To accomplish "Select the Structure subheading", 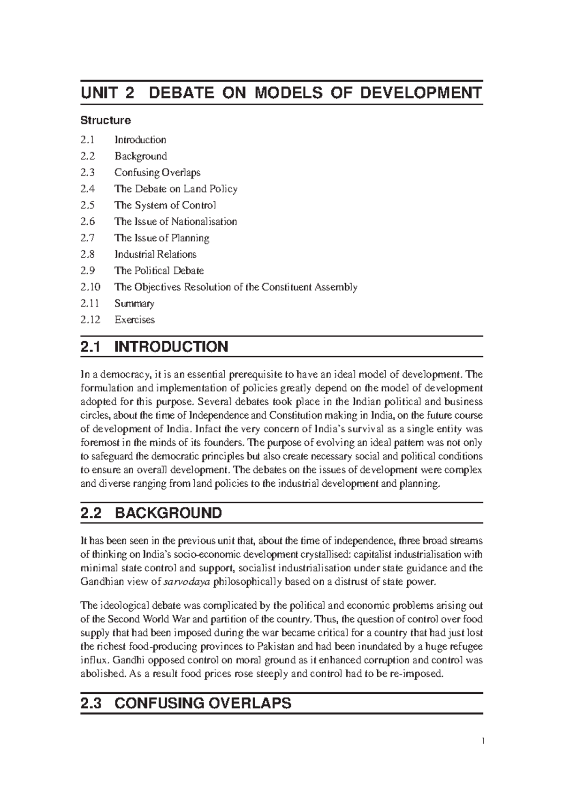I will (106, 120).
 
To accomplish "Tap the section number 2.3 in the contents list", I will (87, 172).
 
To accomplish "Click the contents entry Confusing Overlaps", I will (157, 172).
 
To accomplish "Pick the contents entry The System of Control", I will (165, 205).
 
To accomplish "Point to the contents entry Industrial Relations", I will (155, 254).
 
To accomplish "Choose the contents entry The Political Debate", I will (159, 270).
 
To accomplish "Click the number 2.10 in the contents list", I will (90, 287).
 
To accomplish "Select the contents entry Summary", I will (134, 303).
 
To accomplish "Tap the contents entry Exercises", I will (135, 320).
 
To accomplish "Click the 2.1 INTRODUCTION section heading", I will (154, 347).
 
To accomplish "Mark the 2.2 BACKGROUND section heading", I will (151, 513).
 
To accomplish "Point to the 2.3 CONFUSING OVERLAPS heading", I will (186, 704).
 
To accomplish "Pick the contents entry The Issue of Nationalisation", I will (175, 222).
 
